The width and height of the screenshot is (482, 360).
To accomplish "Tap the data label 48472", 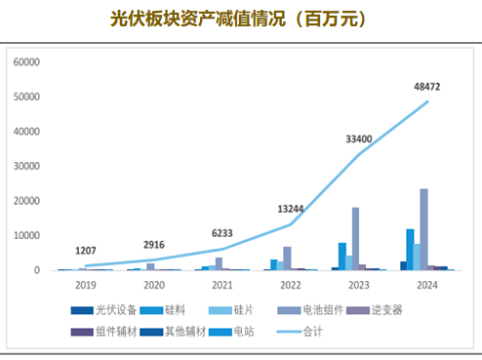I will click(427, 87).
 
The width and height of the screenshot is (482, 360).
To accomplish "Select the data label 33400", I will click(359, 140).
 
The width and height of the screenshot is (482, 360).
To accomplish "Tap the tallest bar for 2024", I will click(424, 229).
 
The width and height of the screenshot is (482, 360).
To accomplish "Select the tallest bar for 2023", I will click(356, 239).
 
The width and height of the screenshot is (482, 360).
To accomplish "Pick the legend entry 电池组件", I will click(322, 310).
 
